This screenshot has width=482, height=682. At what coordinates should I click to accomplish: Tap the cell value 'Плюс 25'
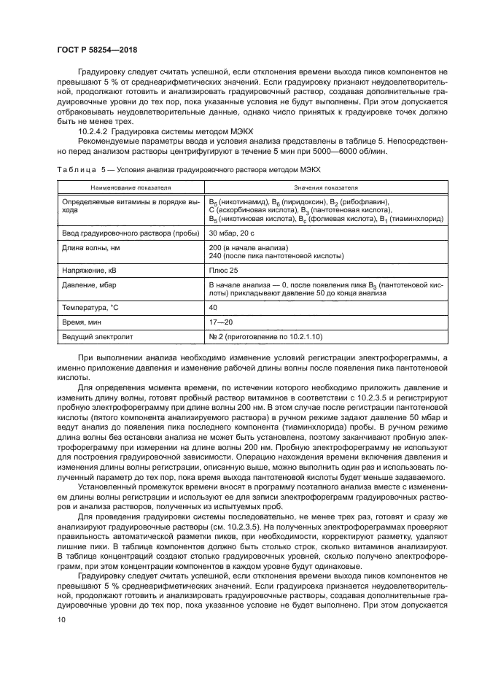(223, 271)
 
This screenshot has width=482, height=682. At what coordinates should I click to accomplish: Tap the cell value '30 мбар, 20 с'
(231, 233)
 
